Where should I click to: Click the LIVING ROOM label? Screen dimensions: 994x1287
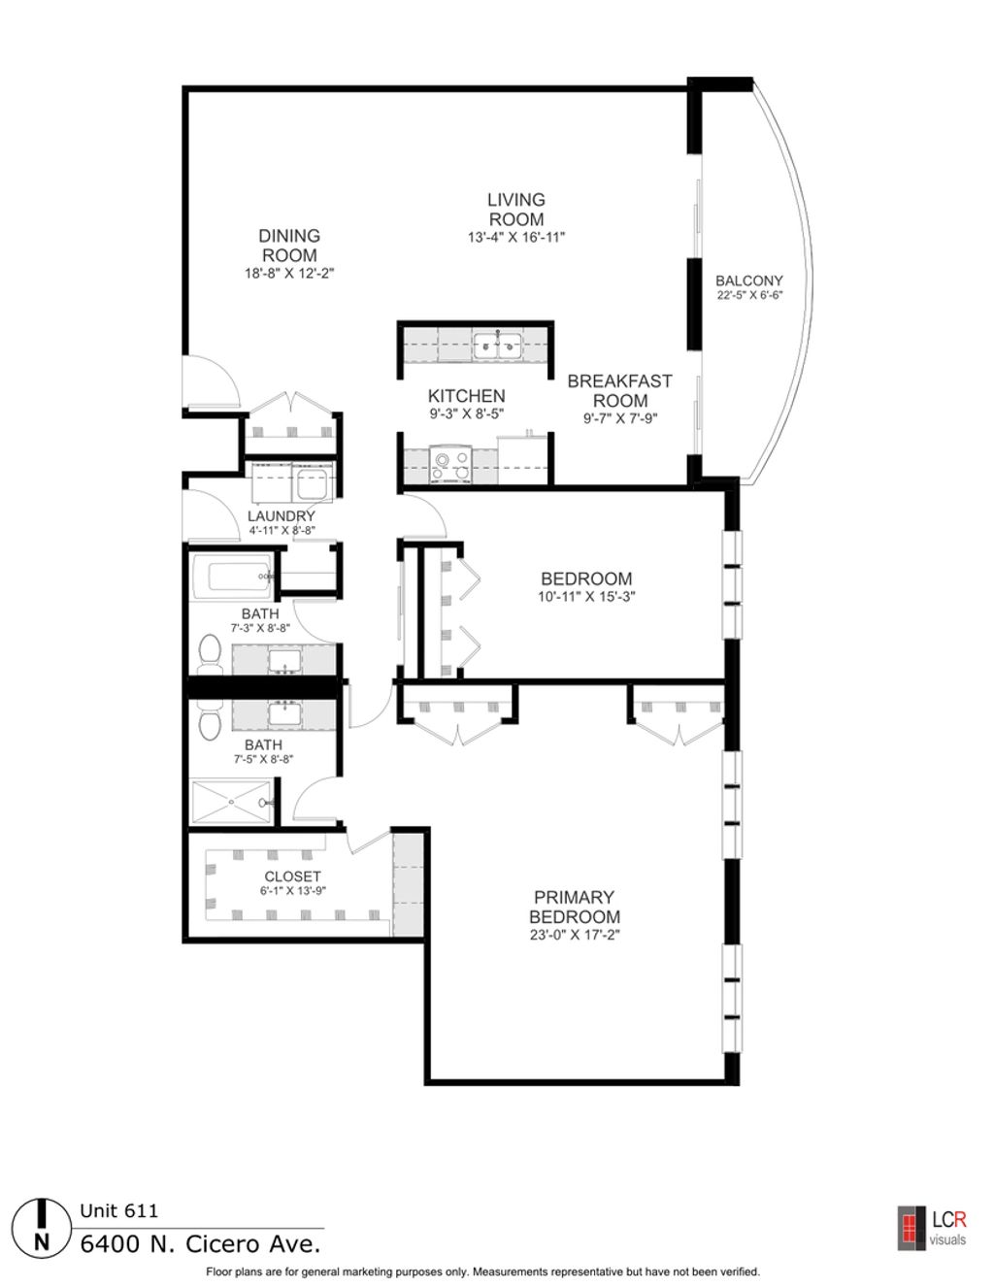tap(516, 210)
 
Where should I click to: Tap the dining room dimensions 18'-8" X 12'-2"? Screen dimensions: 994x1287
tap(289, 274)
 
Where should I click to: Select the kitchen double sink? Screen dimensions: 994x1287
tap(498, 346)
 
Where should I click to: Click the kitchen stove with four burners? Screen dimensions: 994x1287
tap(451, 464)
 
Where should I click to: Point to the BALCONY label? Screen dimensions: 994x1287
tap(749, 280)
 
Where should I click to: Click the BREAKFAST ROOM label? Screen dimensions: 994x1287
tap(619, 390)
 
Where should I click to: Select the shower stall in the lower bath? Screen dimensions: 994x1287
tap(232, 802)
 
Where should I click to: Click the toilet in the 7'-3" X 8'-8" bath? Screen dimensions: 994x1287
tap(208, 654)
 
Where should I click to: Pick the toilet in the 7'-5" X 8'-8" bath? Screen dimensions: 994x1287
tap(208, 719)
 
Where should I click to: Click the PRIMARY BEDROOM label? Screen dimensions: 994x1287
tap(575, 907)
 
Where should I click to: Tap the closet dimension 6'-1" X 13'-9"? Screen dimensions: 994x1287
tap(293, 891)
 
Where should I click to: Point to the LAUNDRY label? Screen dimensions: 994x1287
tap(282, 515)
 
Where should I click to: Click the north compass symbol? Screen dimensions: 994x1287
tap(41, 1228)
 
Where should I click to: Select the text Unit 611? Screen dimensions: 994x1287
tap(119, 1211)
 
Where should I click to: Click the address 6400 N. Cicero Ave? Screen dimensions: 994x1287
tap(200, 1244)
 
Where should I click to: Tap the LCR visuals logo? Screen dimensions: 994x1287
tap(932, 1228)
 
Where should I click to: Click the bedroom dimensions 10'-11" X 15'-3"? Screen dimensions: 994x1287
tap(586, 596)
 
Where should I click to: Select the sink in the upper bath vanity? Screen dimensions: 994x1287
tap(285, 660)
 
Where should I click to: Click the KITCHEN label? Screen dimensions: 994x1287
tap(467, 396)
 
